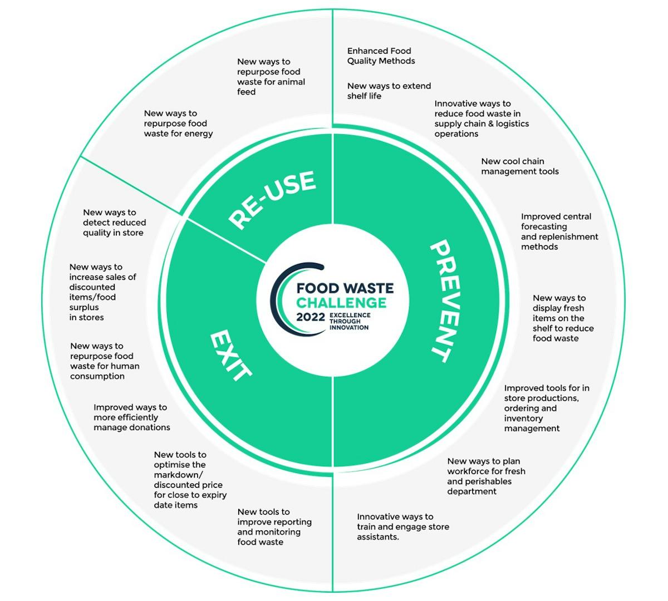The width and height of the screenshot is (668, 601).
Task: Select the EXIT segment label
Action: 230,356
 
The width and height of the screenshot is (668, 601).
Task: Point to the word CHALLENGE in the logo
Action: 341,303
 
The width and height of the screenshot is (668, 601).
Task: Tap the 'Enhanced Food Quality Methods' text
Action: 381,56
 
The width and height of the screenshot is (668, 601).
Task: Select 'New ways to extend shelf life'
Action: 389,91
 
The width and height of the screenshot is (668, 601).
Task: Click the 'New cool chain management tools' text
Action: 519,166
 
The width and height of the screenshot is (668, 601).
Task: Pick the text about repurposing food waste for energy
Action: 178,124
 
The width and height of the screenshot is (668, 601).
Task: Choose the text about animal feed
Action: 271,77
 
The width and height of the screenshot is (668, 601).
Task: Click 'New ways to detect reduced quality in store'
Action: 114,223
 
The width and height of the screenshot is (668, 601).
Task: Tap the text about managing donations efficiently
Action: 131,417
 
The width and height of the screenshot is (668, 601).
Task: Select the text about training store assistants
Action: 402,527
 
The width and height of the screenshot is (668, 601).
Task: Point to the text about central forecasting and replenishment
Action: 559,231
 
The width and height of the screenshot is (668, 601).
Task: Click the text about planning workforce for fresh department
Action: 486,476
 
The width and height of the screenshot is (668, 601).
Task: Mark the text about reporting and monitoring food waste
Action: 274,527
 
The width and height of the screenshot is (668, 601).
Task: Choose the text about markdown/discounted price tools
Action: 190,480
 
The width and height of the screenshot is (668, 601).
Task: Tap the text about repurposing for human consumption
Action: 105,361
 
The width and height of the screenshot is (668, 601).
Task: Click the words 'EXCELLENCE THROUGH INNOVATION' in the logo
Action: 350,321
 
